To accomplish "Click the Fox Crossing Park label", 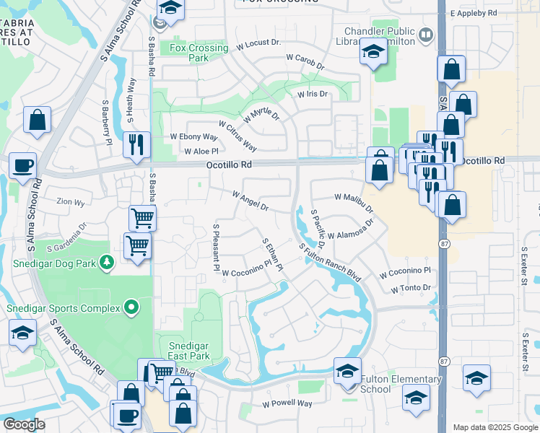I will tap(199, 53).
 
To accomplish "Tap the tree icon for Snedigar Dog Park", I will tap(107, 261).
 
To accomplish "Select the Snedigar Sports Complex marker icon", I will tap(131, 308).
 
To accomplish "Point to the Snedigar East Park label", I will tap(183, 351).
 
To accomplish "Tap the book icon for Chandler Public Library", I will tap(426, 35).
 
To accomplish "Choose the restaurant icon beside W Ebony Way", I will tap(136, 144).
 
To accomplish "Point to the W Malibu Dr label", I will tap(354, 202).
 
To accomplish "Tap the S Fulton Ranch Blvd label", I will tap(329, 262).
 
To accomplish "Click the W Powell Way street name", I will tap(287, 403).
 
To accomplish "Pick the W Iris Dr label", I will tap(312, 94).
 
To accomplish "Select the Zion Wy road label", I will tap(60, 204).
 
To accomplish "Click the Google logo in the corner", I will tap(24, 424).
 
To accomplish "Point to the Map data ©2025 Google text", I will tap(495, 427).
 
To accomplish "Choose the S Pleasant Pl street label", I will tap(216, 247).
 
